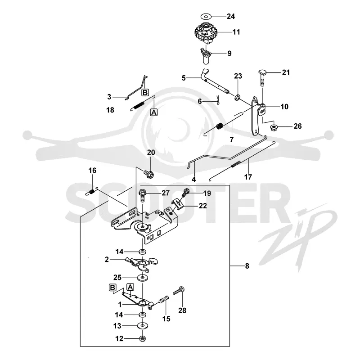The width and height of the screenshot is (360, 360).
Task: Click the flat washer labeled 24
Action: click(206, 17)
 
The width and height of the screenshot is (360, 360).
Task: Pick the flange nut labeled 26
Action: click(274, 127)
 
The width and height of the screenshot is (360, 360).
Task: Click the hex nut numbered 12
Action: click(143, 338)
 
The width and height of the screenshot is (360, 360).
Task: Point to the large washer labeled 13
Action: click(142, 325)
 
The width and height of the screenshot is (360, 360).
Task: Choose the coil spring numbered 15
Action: click(164, 299)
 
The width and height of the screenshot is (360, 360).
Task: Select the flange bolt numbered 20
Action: click(149, 174)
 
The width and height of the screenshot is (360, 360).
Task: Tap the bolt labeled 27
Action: click(143, 195)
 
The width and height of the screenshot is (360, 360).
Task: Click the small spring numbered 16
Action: click(92, 192)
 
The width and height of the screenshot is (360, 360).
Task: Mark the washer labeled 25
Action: click(143, 278)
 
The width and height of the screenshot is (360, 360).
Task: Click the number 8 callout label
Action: click(247, 266)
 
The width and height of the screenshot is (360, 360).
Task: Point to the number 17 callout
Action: click(248, 177)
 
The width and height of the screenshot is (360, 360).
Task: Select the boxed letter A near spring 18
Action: click(154, 112)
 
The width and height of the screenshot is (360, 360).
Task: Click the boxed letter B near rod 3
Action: click(145, 93)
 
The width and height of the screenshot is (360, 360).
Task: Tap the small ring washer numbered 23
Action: click(238, 97)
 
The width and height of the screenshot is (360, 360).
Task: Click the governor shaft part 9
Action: click(206, 56)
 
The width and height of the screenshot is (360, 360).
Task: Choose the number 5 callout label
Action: click(184, 78)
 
